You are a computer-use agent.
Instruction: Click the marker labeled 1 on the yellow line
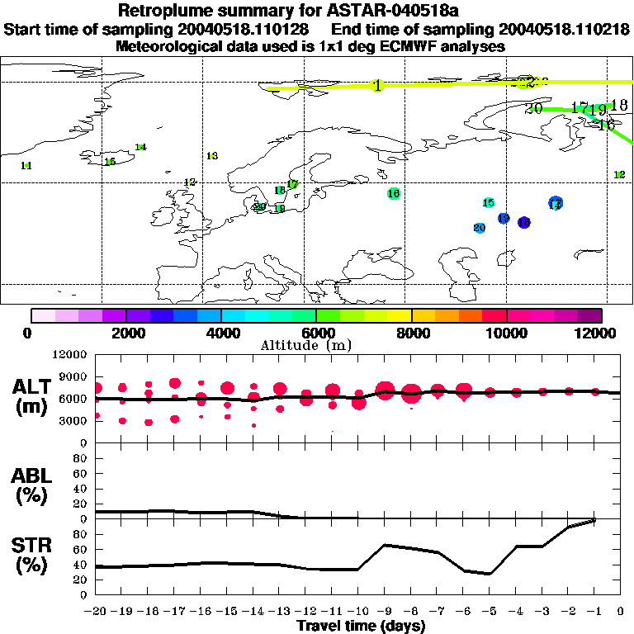point(377,86)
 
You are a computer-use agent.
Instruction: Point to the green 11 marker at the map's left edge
point(26,166)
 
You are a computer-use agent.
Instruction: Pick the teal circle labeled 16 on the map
point(393,193)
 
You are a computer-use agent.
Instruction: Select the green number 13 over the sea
point(212,156)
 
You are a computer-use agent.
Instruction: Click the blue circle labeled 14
point(556,203)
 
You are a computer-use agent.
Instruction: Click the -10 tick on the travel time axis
point(357,611)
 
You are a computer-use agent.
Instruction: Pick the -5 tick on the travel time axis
point(490,611)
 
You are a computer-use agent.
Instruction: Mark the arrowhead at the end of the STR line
point(593,520)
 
